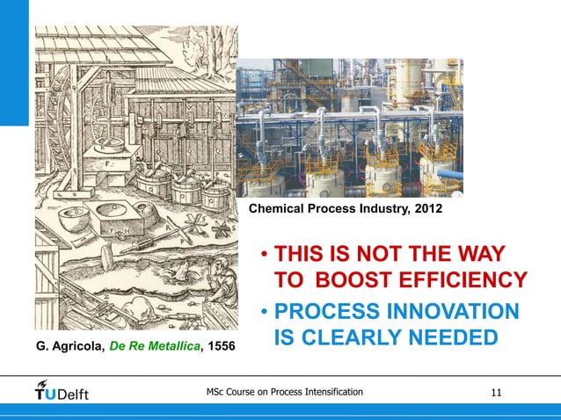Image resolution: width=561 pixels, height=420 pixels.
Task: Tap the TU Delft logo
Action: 62,390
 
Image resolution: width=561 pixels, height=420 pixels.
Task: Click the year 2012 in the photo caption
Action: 426,210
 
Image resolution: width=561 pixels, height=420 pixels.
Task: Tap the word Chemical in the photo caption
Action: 280,210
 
